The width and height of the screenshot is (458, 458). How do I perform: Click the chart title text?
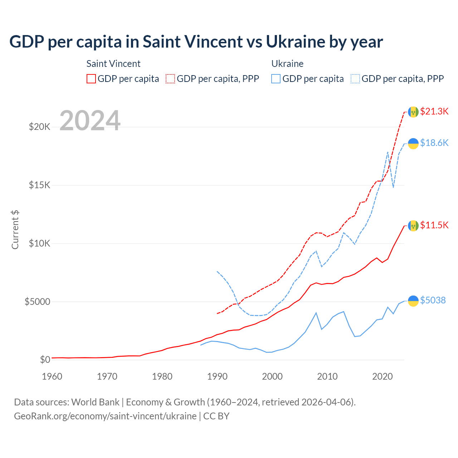(x=196, y=42)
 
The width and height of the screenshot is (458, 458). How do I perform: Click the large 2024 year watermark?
(x=90, y=121)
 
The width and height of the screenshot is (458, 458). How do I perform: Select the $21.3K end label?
(x=434, y=111)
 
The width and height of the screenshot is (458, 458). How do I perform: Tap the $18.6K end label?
(x=434, y=143)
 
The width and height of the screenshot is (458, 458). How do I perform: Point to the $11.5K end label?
(x=434, y=225)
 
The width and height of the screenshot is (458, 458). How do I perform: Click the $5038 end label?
(x=433, y=300)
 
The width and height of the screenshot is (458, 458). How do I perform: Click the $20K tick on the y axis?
(x=39, y=127)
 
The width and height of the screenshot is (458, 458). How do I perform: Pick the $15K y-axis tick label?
(x=39, y=185)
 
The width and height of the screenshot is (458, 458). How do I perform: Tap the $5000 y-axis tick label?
(x=37, y=302)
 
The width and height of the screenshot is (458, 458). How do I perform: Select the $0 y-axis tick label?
(x=45, y=360)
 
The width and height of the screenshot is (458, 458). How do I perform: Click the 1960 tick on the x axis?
(x=52, y=376)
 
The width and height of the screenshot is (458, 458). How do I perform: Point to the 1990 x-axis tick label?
(x=217, y=376)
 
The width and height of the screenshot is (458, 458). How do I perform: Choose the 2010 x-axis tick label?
(x=327, y=376)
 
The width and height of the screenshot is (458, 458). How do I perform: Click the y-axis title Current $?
(x=15, y=230)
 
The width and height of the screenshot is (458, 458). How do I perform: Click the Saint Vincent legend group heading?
(x=113, y=64)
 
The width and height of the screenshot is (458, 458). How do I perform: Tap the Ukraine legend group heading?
(x=287, y=64)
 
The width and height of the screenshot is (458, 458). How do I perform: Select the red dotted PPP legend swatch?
(x=170, y=79)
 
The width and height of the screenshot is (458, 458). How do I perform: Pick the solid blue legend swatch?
(x=276, y=79)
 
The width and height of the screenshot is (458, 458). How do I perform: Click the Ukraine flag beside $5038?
(x=413, y=301)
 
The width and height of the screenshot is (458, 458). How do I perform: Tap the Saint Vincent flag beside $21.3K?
(x=413, y=112)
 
